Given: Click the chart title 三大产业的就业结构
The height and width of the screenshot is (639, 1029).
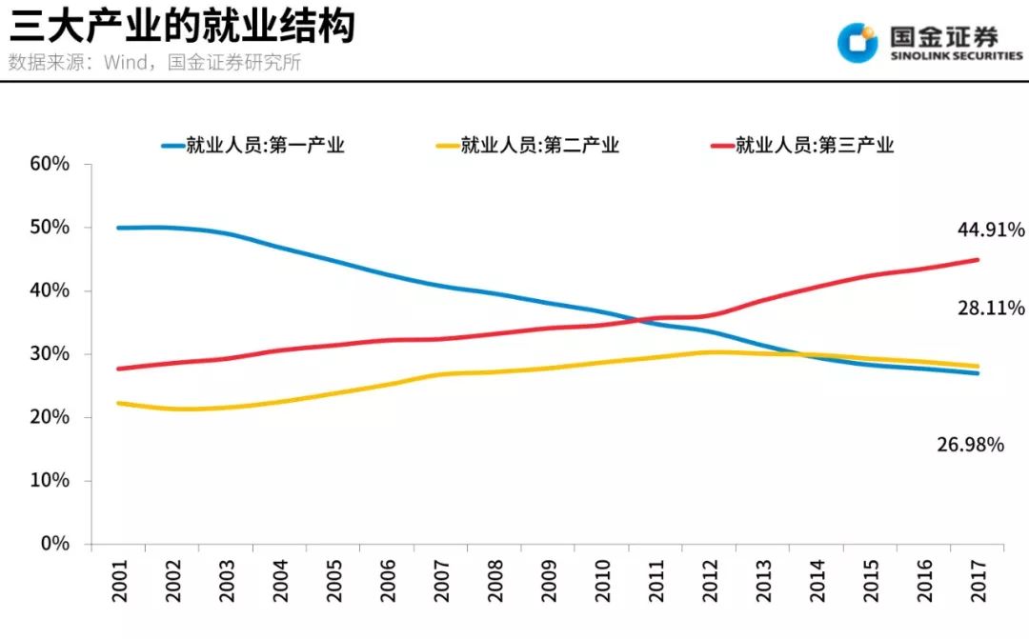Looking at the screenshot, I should coord(181,26).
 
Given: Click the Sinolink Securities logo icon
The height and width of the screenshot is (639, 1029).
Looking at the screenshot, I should coord(857,41).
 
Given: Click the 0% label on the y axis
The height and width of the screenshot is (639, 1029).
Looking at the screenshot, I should coord(55,544).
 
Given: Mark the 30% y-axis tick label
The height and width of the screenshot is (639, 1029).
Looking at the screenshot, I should coord(50,353).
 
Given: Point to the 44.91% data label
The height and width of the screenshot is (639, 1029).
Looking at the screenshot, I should coord(991,230).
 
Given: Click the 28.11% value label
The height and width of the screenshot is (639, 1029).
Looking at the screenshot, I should coord(991,308).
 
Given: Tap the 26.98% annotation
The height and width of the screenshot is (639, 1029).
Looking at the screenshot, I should coord(970,444).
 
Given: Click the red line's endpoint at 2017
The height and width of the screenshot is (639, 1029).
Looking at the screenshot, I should coord(977,259).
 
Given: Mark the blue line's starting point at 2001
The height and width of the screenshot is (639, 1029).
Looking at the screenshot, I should coord(118,228).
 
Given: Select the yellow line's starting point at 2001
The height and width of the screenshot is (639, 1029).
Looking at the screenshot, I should coord(118,403).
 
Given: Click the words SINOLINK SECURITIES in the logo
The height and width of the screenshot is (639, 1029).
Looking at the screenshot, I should coord(956,55).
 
